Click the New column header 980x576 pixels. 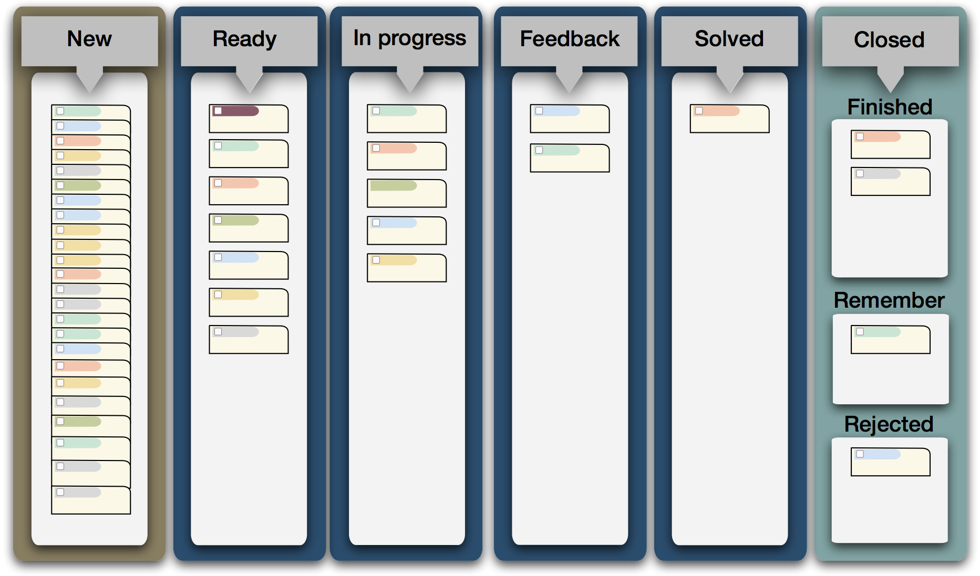click(89, 39)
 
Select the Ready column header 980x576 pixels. click(244, 39)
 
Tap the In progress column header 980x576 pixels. click(409, 38)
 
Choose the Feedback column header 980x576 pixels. click(570, 39)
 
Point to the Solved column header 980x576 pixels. click(729, 39)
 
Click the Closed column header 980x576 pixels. click(889, 40)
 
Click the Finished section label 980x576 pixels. click(890, 107)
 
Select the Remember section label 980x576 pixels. click(889, 300)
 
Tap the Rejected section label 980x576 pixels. click(889, 424)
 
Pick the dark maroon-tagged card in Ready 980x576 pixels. click(249, 119)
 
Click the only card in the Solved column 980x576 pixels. click(729, 119)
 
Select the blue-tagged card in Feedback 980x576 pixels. click(570, 119)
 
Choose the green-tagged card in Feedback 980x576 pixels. click(570, 158)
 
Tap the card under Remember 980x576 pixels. click(890, 340)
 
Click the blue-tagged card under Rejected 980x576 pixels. click(890, 462)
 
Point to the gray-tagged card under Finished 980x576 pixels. click(890, 182)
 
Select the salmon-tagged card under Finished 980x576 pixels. click(890, 144)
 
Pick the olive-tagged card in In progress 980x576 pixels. click(407, 193)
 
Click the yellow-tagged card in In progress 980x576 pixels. click(407, 268)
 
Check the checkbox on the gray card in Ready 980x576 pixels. click(218, 332)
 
